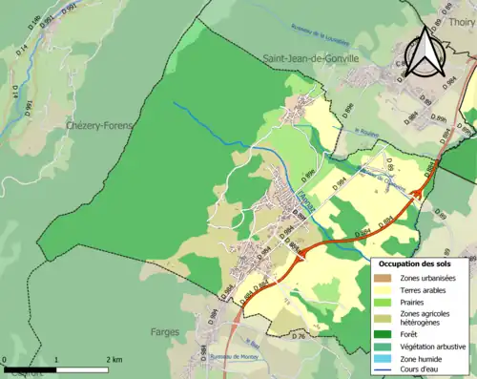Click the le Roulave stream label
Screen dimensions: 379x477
click(366, 133)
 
